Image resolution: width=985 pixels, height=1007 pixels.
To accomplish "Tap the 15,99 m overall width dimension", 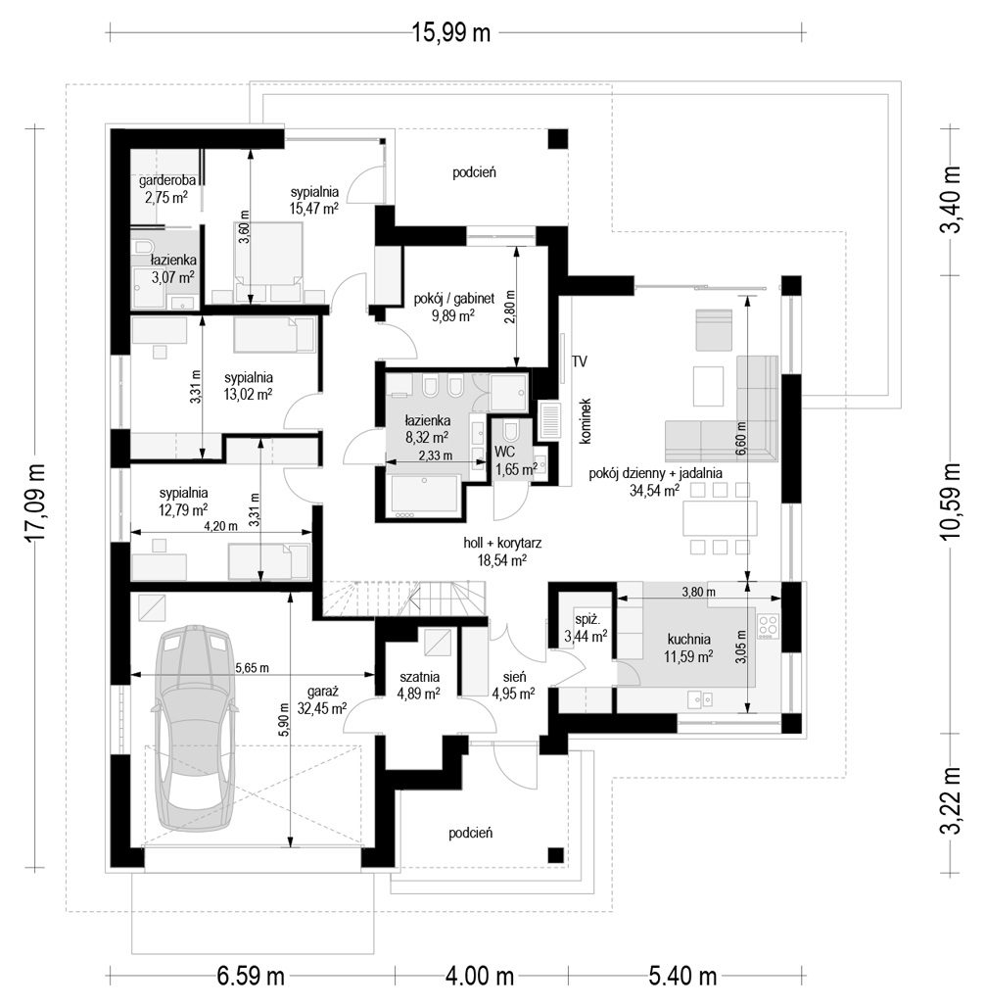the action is click(450, 32).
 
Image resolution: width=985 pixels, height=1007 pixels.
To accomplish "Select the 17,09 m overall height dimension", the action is click(36, 503).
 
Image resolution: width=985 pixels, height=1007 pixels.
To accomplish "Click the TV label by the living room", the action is click(580, 361).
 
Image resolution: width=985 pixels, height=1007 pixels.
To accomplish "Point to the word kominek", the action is click(585, 420).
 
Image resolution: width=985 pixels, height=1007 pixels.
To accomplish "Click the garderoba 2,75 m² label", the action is click(167, 189).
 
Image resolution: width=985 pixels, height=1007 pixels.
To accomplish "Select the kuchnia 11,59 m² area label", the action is click(688, 648).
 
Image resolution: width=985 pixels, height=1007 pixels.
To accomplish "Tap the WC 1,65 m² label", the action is click(516, 460).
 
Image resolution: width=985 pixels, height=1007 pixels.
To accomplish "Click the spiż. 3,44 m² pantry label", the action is click(586, 629).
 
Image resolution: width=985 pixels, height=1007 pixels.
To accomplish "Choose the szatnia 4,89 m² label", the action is click(419, 685).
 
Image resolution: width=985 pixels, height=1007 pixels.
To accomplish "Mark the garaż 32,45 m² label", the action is click(322, 699).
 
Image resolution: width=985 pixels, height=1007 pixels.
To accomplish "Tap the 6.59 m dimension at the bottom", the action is click(251, 977).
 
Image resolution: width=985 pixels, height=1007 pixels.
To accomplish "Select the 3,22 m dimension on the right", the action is click(951, 800).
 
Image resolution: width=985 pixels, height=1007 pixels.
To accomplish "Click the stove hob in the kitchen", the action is click(769, 626).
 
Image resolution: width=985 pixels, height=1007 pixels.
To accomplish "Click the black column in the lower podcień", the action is click(555, 855).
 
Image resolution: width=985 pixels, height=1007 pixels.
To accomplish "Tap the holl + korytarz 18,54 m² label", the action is click(502, 551).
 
